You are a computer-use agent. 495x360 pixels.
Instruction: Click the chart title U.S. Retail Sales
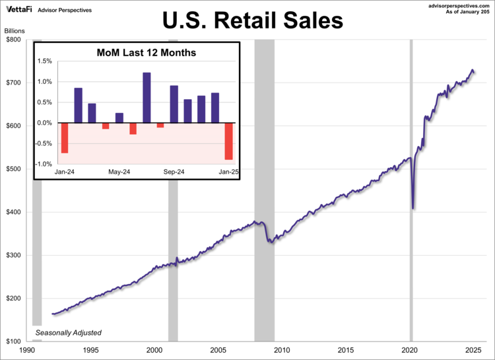253,20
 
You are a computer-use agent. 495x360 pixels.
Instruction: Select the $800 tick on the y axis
15,40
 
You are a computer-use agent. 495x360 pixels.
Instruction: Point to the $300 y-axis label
15,256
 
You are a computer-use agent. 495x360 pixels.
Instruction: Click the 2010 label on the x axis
282,350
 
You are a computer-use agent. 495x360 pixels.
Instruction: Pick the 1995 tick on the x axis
90,350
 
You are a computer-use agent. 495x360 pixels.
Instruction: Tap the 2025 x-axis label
474,350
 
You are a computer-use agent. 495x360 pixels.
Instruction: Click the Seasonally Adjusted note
69,332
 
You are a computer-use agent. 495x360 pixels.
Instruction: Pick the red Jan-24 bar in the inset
65,138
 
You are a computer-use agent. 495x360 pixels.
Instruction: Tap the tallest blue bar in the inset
147,98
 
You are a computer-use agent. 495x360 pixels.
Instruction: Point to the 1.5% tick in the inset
44,61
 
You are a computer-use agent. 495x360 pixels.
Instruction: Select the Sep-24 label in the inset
174,172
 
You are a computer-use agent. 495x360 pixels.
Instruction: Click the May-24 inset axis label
119,172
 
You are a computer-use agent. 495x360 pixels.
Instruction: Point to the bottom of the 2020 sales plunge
413,208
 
